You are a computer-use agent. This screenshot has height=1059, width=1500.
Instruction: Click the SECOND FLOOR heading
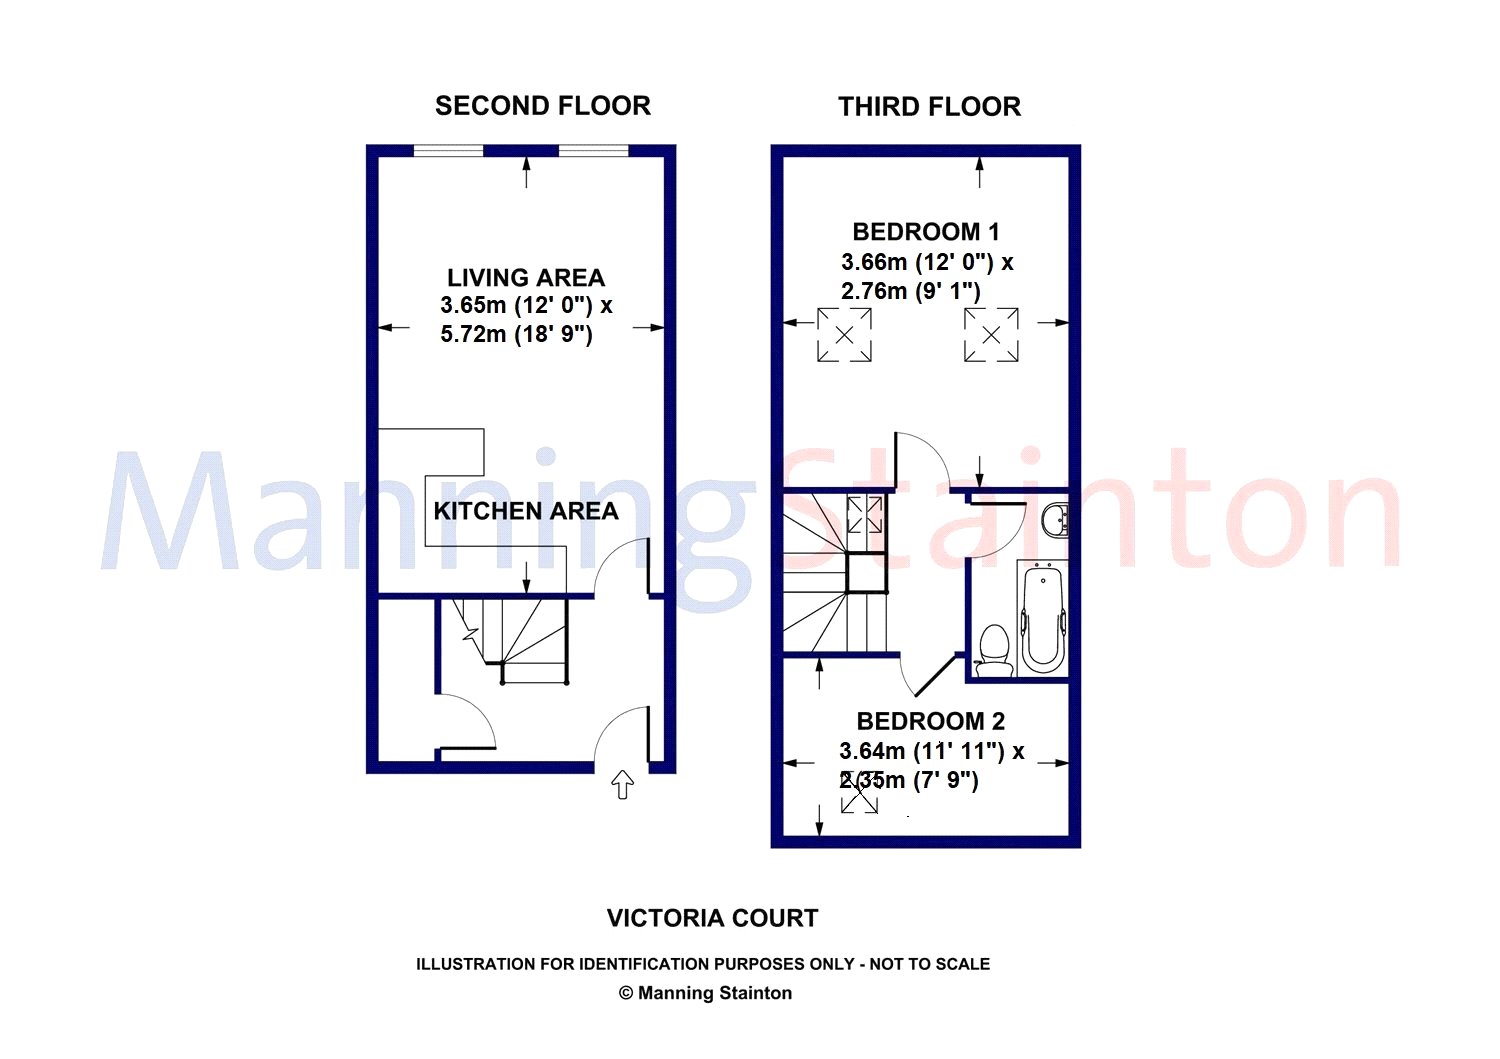(x=542, y=106)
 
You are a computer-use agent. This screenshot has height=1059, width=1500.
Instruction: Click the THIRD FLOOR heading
(x=929, y=107)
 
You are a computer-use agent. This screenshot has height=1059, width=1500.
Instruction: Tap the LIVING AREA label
(x=526, y=277)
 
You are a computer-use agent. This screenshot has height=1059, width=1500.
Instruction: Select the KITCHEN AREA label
(x=526, y=511)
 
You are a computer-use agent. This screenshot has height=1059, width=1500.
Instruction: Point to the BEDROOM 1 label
(x=926, y=232)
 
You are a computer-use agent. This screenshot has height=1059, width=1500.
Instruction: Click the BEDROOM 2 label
(x=931, y=721)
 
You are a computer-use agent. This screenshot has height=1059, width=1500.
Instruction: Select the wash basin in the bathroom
(x=1055, y=518)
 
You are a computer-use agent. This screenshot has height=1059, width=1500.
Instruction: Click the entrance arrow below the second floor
(x=623, y=784)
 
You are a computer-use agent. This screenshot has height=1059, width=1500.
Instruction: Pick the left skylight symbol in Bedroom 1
(x=844, y=335)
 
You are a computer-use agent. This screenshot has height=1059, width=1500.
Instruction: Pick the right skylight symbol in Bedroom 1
(x=991, y=335)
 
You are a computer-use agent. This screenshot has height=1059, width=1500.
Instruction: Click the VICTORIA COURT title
(x=712, y=918)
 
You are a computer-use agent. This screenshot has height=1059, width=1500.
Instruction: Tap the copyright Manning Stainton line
(x=705, y=993)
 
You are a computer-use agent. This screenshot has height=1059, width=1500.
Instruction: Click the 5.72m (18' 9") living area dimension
(x=516, y=334)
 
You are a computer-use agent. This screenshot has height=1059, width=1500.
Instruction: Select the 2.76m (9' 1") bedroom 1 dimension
(x=911, y=291)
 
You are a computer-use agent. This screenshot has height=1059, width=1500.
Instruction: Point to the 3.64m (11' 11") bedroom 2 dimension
(x=922, y=751)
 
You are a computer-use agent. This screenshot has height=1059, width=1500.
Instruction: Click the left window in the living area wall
(x=449, y=151)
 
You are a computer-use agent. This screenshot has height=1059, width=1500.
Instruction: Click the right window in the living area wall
(x=593, y=151)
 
